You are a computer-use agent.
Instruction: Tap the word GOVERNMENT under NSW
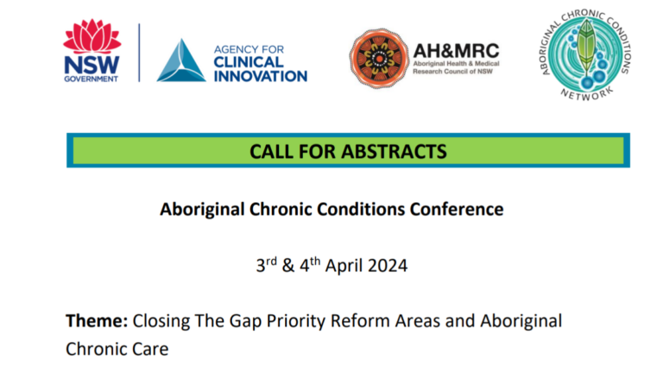[92, 78]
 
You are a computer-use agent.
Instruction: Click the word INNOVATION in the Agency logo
[260, 76]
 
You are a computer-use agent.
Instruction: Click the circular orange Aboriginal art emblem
[380, 57]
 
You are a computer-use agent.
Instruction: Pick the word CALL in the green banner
[269, 151]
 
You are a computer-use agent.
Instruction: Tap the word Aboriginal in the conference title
[200, 209]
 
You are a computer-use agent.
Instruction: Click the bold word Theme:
[97, 321]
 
